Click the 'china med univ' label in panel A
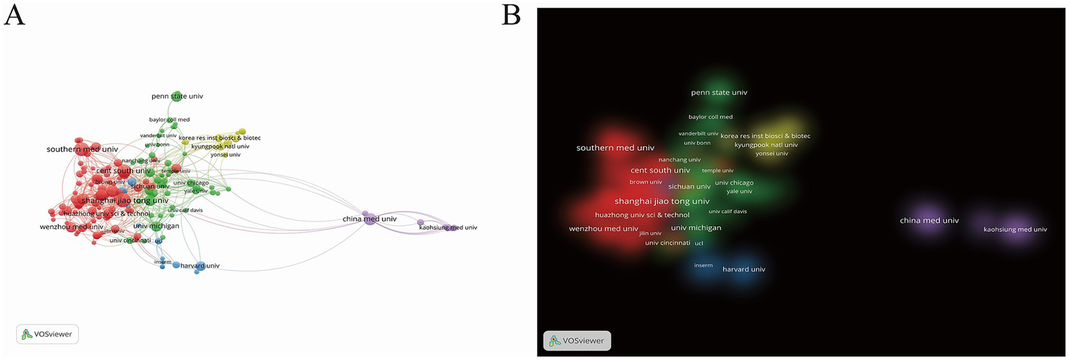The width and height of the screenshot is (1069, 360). pyautogui.click(x=369, y=219)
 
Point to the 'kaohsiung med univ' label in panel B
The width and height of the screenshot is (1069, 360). pyautogui.click(x=1015, y=229)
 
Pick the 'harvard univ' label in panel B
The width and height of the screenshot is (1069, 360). pyautogui.click(x=744, y=269)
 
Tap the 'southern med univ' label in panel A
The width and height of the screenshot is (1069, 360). pyautogui.click(x=82, y=149)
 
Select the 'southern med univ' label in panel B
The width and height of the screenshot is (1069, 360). pyautogui.click(x=615, y=148)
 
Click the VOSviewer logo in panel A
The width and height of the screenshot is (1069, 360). pyautogui.click(x=47, y=334)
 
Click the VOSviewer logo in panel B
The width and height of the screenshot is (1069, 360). pyautogui.click(x=577, y=341)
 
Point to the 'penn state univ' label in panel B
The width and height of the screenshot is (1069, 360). pyautogui.click(x=719, y=92)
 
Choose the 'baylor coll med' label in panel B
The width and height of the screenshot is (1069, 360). pyautogui.click(x=710, y=117)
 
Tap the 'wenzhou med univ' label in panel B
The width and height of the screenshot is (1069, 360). pyautogui.click(x=603, y=228)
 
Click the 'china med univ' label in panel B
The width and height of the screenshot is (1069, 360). pyautogui.click(x=929, y=220)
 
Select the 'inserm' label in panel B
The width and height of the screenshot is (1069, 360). pyautogui.click(x=703, y=265)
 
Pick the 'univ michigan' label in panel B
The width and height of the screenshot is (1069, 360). pyautogui.click(x=696, y=228)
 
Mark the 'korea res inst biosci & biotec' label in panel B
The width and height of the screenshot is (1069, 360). pyautogui.click(x=765, y=136)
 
